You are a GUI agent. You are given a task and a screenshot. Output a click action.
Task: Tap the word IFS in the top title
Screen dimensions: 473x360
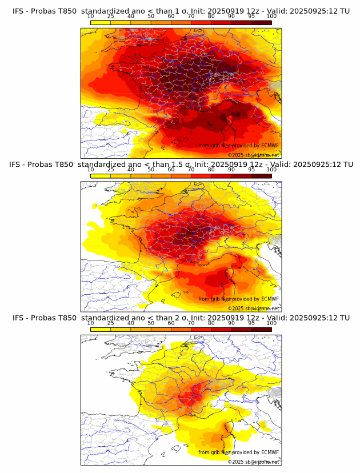tap(18, 11)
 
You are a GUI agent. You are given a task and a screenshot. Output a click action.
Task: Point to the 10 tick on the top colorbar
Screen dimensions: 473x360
tap(91, 17)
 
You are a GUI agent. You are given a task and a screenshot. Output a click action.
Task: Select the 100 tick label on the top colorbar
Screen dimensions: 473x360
tap(271, 17)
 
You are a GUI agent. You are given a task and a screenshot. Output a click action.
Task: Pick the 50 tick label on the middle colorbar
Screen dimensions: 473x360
tap(151, 170)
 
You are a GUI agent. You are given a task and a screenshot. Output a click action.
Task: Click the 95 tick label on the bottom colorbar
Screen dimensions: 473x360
tap(251, 323)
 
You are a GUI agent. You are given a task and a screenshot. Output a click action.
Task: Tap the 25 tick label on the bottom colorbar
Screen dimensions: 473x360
tap(110, 323)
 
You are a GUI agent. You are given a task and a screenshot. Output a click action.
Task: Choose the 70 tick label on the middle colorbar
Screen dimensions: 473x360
tap(191, 170)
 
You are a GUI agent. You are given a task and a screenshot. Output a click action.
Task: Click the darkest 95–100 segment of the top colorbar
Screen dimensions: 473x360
tap(262, 22)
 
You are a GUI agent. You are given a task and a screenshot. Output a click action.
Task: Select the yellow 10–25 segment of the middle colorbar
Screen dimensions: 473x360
tap(101, 175)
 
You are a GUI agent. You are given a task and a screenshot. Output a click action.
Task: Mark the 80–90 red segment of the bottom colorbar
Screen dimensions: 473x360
tap(221, 328)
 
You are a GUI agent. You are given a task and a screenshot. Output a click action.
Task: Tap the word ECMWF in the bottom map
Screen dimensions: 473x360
tap(270, 452)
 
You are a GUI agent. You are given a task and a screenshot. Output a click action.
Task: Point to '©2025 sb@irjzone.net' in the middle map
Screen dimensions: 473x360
tap(253, 308)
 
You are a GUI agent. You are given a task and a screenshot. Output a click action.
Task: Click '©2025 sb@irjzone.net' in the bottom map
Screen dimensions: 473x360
tap(253, 462)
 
